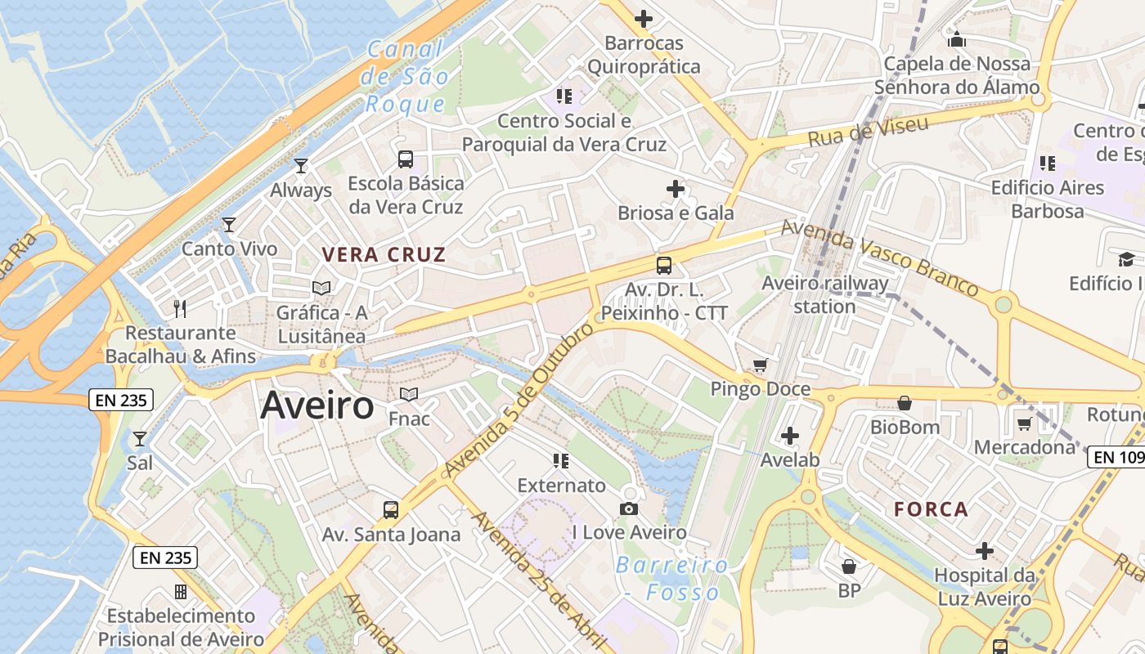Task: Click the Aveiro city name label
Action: coord(317,405)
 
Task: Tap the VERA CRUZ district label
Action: coord(384,254)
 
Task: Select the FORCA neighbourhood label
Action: coord(931,509)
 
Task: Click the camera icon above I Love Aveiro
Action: coord(629,509)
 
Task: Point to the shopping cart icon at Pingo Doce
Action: coord(761,365)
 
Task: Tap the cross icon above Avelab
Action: coord(790,436)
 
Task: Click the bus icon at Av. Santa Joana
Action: coord(391,510)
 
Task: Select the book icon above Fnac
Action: coord(409,394)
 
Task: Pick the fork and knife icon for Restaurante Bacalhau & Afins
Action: coord(180,308)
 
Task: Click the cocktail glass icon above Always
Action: coord(301,166)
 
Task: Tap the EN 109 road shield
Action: coord(1116,458)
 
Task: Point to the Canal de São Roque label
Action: coord(406,77)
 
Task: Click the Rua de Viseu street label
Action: coord(868,132)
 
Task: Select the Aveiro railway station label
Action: coord(824,294)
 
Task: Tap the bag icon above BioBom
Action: coord(905,402)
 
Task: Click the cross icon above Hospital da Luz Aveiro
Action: coord(985,550)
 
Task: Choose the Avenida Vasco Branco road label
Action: coord(879,258)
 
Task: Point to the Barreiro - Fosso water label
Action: coord(672,578)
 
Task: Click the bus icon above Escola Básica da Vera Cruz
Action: coord(406,159)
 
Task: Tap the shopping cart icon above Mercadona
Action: coord(1024,423)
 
